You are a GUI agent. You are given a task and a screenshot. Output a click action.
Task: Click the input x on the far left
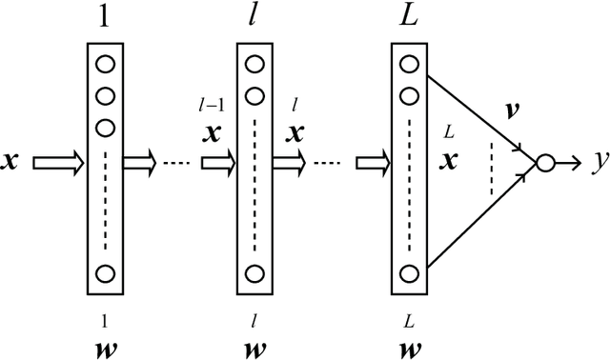(x=12, y=163)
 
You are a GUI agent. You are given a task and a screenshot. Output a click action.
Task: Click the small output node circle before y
(x=544, y=164)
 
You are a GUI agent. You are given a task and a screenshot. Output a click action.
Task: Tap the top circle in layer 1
(x=106, y=65)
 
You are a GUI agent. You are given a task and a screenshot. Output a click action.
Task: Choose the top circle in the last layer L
(x=408, y=65)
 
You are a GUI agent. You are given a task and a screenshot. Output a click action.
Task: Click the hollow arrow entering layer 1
(x=56, y=164)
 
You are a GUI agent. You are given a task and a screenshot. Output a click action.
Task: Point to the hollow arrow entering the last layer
(x=371, y=164)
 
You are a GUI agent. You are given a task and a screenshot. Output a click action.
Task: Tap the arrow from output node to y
(x=567, y=164)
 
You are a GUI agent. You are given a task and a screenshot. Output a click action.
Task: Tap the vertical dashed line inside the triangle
(x=491, y=168)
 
